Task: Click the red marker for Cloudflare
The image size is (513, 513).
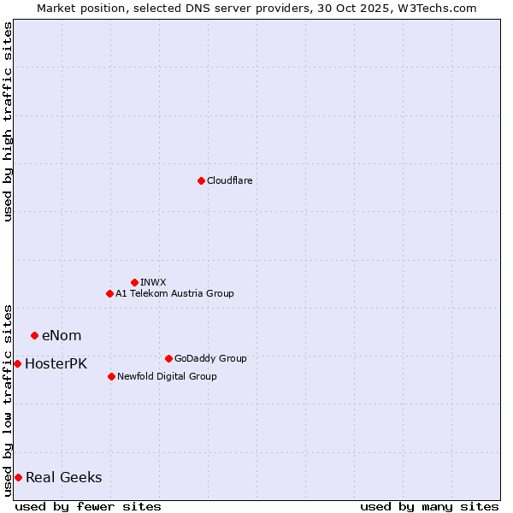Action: [x=201, y=180]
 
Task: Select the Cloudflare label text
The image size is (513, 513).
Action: [x=230, y=180]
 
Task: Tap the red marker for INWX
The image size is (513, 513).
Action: [x=134, y=282]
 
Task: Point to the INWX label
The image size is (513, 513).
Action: [x=154, y=282]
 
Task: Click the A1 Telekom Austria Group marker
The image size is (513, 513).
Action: [x=109, y=293]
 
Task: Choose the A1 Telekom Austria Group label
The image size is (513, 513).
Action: [x=174, y=293]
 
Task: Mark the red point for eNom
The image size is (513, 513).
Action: [x=34, y=335]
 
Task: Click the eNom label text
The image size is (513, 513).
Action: [x=62, y=336]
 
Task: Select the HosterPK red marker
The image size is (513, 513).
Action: [x=17, y=363]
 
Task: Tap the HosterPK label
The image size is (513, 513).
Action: [x=56, y=364]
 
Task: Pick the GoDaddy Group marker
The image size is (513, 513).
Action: [x=168, y=358]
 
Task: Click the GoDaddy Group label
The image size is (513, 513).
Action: [x=210, y=358]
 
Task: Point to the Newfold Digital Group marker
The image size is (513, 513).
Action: [x=111, y=376]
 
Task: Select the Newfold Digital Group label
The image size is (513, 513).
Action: [x=167, y=376]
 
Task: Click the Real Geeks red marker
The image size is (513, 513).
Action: [x=18, y=477]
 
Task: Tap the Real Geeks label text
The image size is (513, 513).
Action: [x=64, y=478]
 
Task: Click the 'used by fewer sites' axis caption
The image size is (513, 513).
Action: [x=88, y=506]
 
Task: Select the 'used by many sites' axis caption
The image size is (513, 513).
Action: [x=429, y=506]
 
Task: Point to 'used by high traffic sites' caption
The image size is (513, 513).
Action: [x=8, y=121]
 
